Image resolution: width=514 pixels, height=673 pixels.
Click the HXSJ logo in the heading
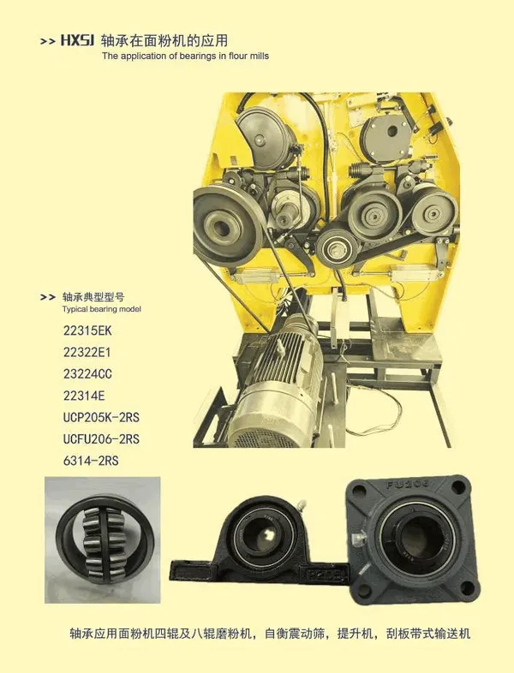coord(77,40)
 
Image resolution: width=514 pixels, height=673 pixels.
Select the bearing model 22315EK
coord(87,331)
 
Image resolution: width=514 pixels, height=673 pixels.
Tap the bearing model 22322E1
coord(87,353)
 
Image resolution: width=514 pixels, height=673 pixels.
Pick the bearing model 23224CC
coord(87,374)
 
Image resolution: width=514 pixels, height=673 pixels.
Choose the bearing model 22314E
coord(84,396)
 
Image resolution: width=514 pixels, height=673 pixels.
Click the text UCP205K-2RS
coord(101,417)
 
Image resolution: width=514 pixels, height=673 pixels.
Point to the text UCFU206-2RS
coord(101,439)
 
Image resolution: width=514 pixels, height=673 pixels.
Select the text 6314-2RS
coord(91,461)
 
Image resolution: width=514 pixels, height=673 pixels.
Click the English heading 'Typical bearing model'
coord(102,309)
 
